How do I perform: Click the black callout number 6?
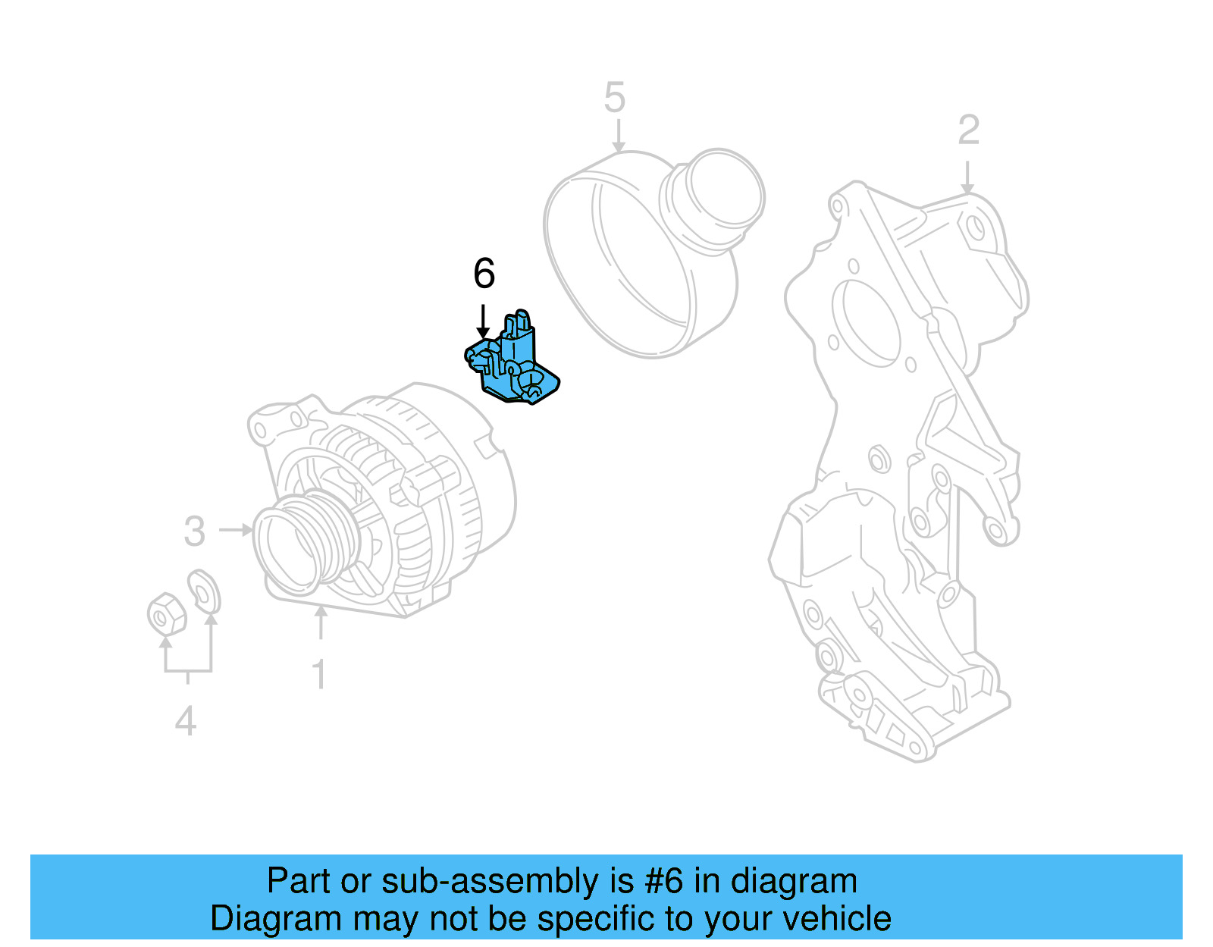[484, 274]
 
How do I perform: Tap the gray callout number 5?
[615, 99]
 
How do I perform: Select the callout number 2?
[968, 130]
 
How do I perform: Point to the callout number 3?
[195, 531]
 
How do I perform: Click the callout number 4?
[186, 721]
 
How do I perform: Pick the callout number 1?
[320, 674]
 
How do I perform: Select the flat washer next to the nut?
[204, 591]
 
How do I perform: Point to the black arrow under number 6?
[483, 321]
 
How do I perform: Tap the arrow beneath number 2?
[967, 178]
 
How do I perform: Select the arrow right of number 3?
[237, 529]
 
